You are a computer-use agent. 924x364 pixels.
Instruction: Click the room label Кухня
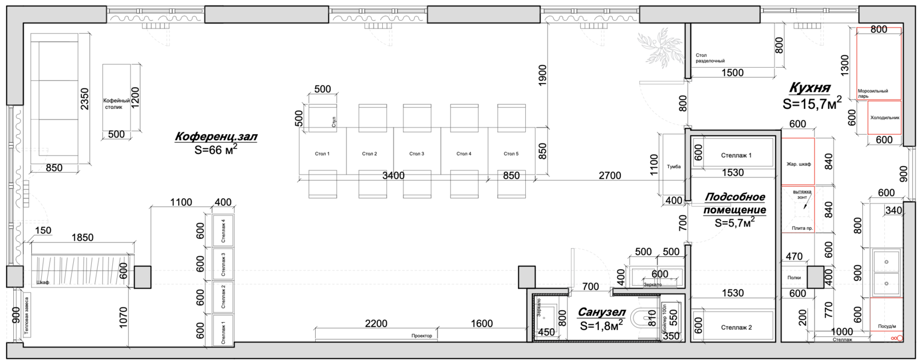click(810, 88)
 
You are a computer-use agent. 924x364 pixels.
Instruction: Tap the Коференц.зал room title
click(216, 136)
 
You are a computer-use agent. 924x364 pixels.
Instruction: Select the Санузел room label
click(602, 312)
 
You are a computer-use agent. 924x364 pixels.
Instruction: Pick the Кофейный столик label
click(117, 103)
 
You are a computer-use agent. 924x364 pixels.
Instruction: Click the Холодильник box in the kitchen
click(884, 118)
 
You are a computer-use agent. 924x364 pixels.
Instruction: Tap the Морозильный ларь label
click(873, 93)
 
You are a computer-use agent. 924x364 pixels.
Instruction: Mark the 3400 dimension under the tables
click(393, 175)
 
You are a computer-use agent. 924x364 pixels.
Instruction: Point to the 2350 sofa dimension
click(84, 98)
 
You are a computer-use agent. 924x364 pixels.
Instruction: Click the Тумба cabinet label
click(674, 167)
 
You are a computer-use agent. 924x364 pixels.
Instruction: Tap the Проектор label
click(421, 335)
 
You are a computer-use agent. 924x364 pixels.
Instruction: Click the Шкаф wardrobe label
click(42, 283)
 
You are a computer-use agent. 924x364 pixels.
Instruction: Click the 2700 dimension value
click(609, 175)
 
